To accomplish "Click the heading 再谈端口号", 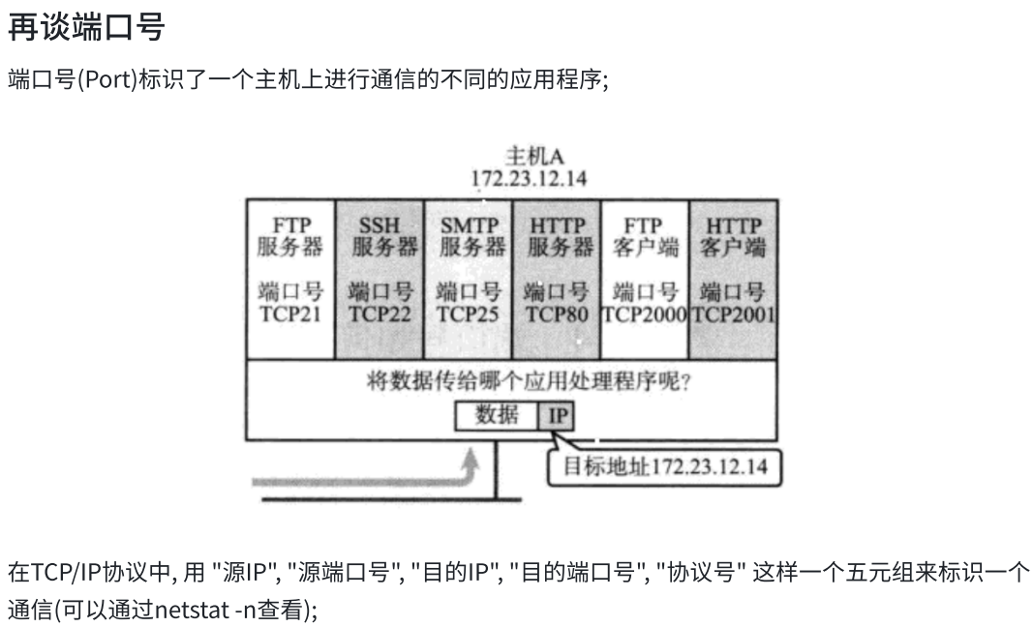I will tap(86, 28).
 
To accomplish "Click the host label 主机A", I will tap(529, 157).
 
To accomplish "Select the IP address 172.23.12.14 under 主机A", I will tap(529, 178).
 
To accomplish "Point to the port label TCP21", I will tap(290, 314).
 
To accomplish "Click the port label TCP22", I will tap(380, 314).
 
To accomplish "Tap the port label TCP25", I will tap(469, 314).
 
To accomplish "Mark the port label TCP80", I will tap(557, 314).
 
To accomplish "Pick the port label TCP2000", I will tap(645, 314).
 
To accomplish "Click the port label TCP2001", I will tap(733, 314).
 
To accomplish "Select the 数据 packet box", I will tap(497, 415).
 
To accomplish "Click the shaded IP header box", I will tap(557, 416).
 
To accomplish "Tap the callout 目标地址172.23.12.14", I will tap(664, 466).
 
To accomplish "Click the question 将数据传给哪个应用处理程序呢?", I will tap(529, 380).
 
